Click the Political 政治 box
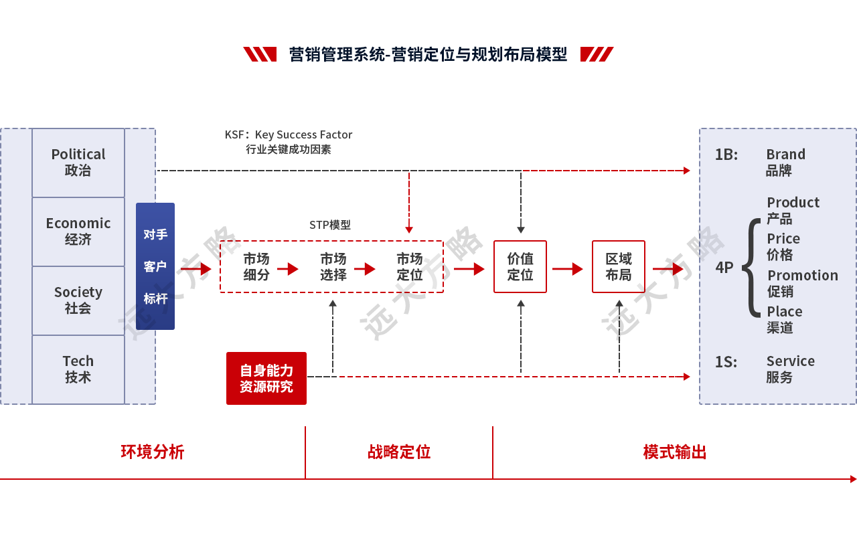click(78, 163)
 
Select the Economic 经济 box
click(78, 232)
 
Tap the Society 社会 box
click(78, 300)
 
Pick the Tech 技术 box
click(78, 369)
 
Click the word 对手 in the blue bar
click(155, 235)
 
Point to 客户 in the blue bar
click(155, 266)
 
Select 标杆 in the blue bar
click(155, 298)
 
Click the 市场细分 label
click(256, 266)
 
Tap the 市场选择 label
click(333, 266)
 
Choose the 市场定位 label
click(409, 266)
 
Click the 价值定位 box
click(520, 266)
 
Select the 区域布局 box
click(618, 266)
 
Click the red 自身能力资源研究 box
click(266, 378)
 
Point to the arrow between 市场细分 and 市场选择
click(288, 269)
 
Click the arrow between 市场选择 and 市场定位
click(365, 269)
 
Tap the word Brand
click(785, 155)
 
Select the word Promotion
click(802, 276)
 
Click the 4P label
click(724, 268)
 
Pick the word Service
click(790, 361)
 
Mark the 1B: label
click(726, 155)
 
